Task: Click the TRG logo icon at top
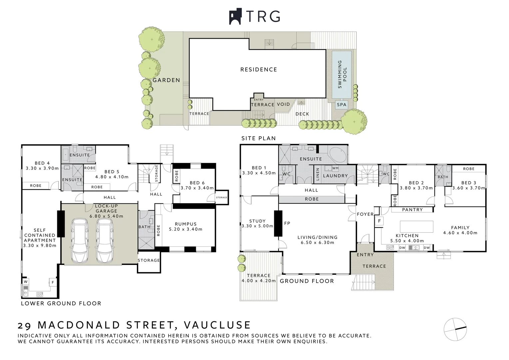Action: [235, 16]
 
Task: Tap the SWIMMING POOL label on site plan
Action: [342, 74]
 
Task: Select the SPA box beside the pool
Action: [341, 105]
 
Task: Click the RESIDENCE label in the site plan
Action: [258, 70]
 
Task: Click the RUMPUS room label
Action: [186, 224]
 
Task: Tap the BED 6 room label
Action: [197, 183]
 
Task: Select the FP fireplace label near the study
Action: [287, 223]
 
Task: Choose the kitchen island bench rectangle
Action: [416, 226]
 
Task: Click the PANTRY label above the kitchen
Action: [412, 210]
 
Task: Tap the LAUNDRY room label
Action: [335, 176]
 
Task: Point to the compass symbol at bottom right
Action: [455, 329]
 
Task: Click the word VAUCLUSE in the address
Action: [217, 325]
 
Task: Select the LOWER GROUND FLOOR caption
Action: [61, 303]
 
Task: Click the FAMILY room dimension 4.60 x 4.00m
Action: [460, 233]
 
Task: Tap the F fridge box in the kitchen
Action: [379, 221]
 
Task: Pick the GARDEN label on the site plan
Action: [166, 80]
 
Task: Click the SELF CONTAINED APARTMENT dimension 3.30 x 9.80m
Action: [40, 246]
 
